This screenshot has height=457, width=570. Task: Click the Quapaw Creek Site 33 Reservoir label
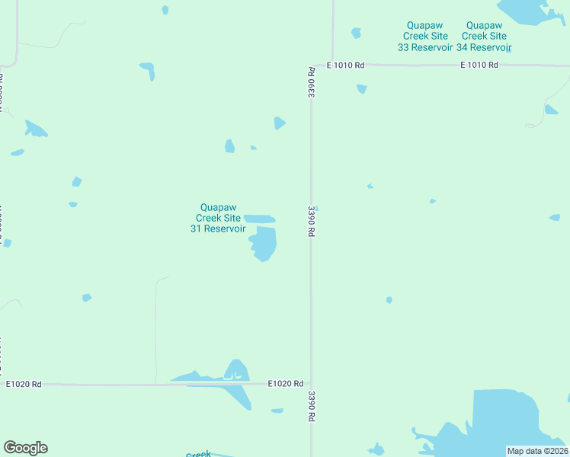425,36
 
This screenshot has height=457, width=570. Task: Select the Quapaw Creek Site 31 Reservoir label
218,217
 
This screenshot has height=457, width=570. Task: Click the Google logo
25,448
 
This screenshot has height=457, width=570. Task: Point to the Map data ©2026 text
537,451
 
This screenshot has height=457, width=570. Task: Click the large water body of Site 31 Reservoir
264,244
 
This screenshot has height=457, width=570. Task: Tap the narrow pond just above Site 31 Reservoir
260,219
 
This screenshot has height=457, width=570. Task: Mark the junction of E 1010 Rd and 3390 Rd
311,66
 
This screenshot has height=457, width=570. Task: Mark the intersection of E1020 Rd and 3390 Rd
311,385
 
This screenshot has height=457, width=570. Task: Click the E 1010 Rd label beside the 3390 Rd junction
345,66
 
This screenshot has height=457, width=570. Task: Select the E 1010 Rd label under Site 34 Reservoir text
479,66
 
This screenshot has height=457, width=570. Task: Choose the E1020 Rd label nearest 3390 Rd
286,384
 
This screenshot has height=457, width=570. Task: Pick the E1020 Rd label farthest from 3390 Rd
23,384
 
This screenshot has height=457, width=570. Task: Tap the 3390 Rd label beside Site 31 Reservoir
311,219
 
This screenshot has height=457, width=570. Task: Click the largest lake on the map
503,423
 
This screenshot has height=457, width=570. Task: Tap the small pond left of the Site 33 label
356,33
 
